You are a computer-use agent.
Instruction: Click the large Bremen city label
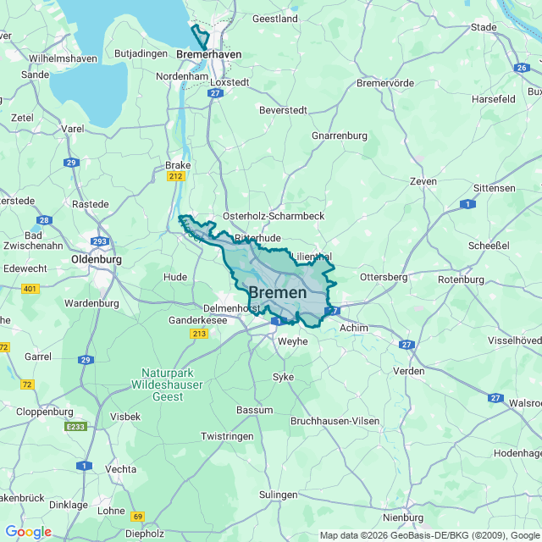click(278, 293)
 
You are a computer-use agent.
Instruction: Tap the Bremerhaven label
click(209, 54)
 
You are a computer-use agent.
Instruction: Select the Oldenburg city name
click(97, 259)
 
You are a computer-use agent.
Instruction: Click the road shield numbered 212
click(176, 176)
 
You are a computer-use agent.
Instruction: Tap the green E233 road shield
click(75, 427)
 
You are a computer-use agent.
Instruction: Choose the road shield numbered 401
click(30, 289)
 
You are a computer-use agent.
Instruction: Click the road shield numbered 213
click(199, 334)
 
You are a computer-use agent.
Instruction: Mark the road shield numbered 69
click(138, 516)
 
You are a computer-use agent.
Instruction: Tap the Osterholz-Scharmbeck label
click(274, 216)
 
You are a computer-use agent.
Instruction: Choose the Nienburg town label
click(403, 517)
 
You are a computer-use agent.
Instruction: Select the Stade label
click(484, 27)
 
